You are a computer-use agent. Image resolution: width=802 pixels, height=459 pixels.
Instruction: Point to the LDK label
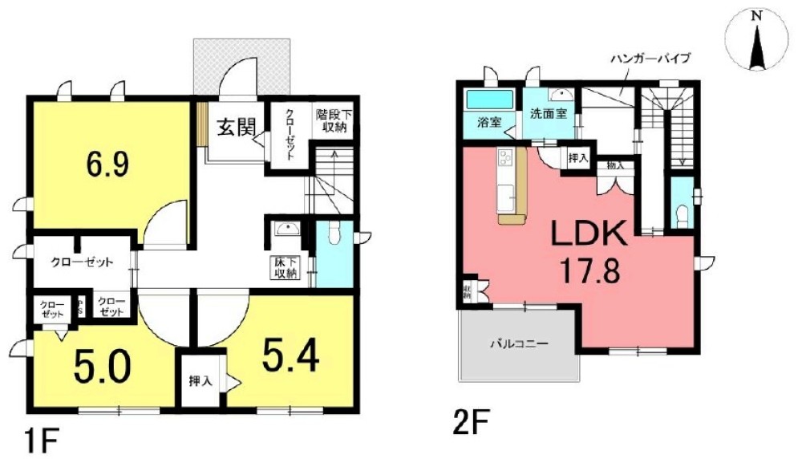(x=587, y=234)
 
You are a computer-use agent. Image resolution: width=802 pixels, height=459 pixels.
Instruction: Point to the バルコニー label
(x=519, y=343)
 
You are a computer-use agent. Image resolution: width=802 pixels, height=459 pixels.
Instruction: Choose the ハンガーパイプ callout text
(x=650, y=59)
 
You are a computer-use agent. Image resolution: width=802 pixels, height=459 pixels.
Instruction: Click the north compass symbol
(x=755, y=44)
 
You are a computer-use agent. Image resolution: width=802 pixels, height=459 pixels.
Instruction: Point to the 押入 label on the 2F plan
(x=578, y=158)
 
